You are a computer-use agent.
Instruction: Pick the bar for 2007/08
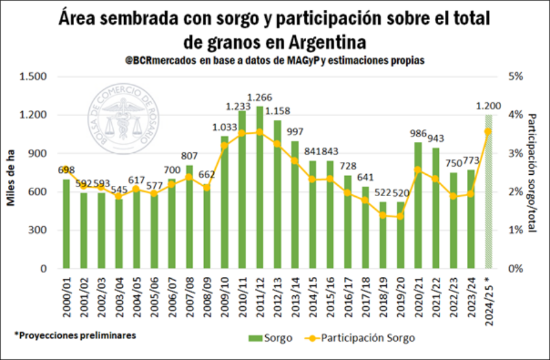coord(189,220)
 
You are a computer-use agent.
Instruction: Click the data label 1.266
coord(260,98)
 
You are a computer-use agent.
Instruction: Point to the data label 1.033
coord(224,128)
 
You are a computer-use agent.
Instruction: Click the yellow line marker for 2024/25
coord(488,131)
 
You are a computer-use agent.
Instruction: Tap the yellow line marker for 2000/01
coord(66,169)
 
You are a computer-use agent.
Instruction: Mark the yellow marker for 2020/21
coord(418,170)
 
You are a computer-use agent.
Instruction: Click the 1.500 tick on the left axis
coord(33,77)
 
